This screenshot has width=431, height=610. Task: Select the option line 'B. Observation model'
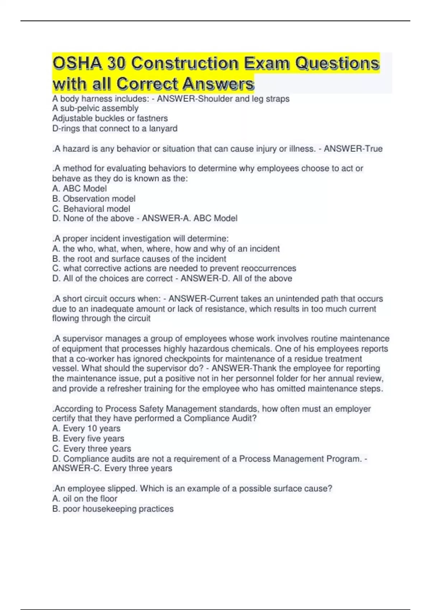94,198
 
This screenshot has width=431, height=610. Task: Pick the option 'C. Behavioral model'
91,208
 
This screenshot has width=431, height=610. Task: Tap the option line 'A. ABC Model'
79,188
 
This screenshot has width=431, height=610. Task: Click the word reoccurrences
269,268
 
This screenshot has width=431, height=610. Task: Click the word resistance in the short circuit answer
222,309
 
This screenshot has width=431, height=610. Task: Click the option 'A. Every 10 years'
86,428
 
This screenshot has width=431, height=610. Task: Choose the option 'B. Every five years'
88,438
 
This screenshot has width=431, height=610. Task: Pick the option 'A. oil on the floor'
85,498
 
